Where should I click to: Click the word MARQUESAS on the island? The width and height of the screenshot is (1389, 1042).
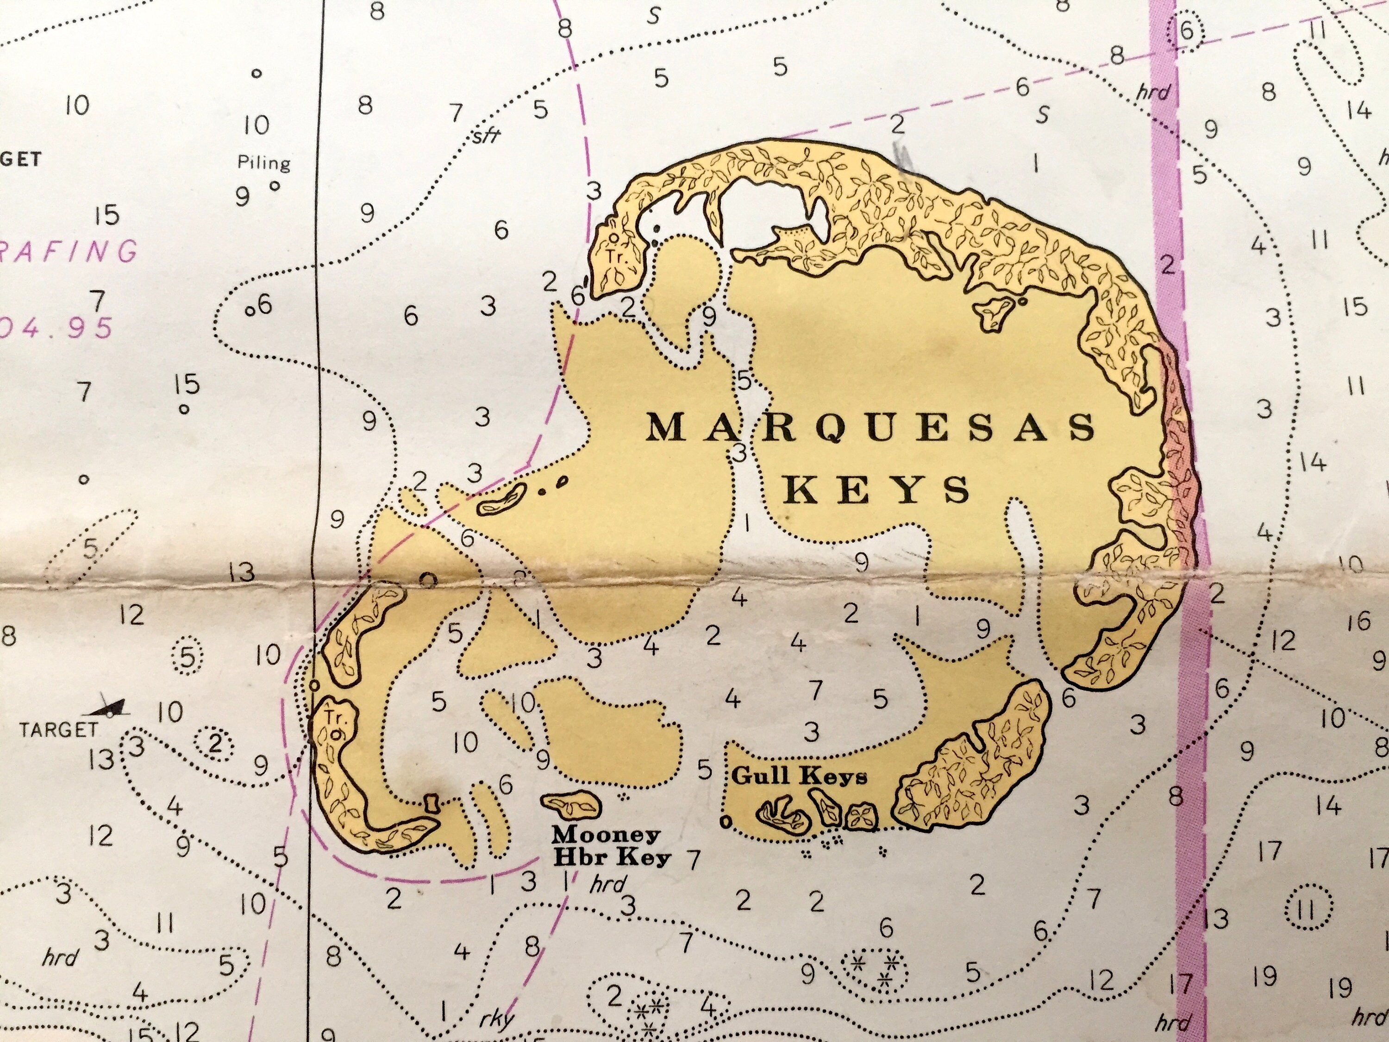pyautogui.click(x=871, y=429)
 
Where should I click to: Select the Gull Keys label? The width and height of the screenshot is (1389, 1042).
pyautogui.click(x=799, y=776)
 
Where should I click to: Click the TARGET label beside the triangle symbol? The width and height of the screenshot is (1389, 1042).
pyautogui.click(x=58, y=730)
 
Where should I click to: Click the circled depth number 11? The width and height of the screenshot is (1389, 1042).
pyautogui.click(x=1308, y=909)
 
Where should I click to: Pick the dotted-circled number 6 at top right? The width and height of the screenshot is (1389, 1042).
pyautogui.click(x=1186, y=31)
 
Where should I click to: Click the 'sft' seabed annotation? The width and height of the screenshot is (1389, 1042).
pyautogui.click(x=486, y=135)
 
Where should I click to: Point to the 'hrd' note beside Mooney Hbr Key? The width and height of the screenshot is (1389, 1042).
pyautogui.click(x=607, y=885)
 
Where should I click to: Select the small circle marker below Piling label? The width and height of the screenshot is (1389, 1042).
pyautogui.click(x=275, y=186)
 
